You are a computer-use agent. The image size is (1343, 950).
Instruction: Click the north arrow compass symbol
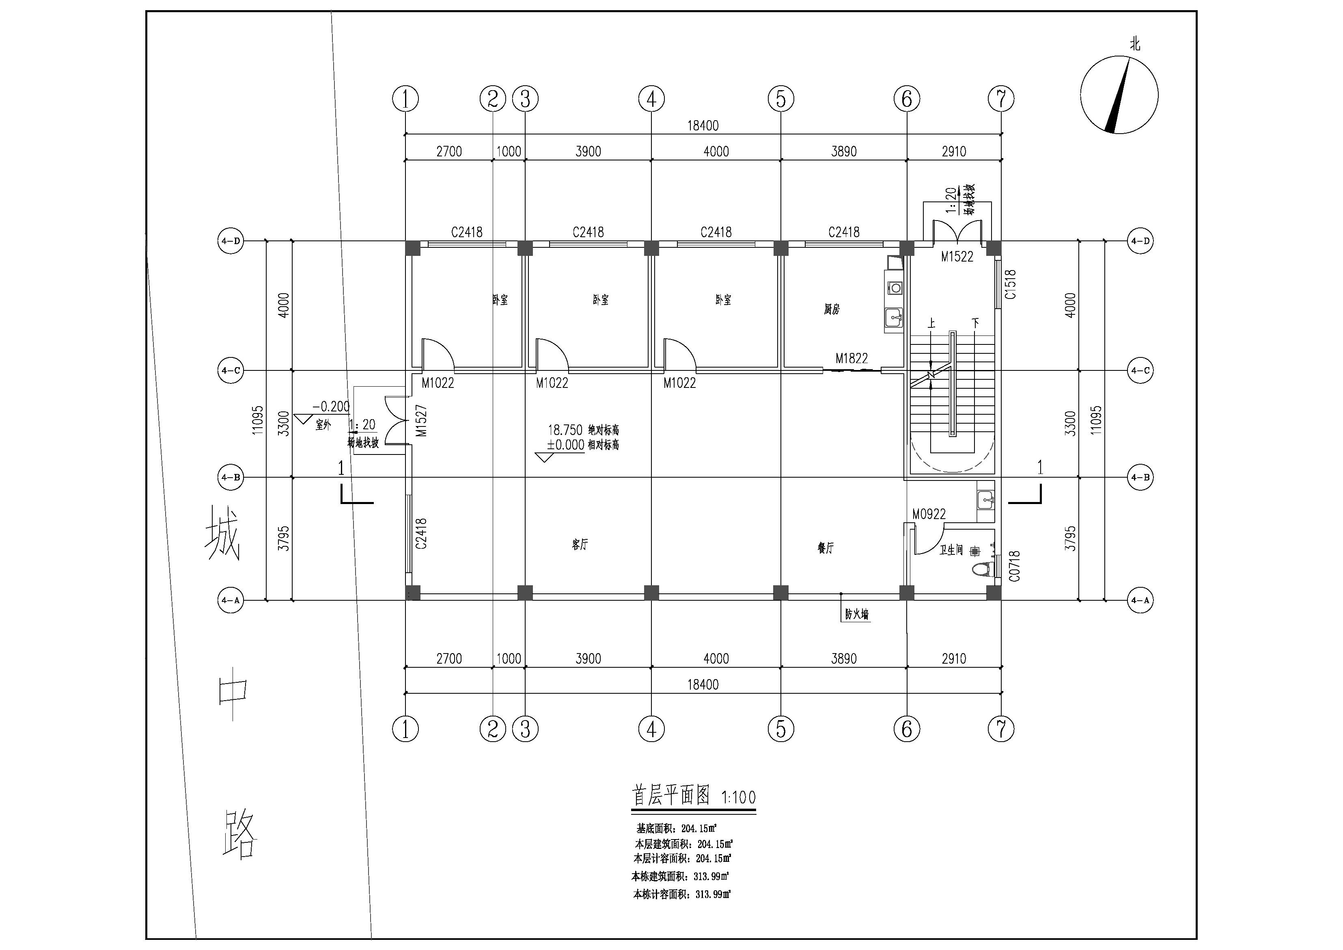point(1119,95)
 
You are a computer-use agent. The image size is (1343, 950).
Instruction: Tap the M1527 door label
point(421,420)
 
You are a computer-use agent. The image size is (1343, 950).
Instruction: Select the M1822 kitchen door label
point(851,358)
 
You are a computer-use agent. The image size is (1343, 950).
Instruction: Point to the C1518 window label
point(1010,284)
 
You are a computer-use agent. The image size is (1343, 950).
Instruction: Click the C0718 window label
point(1014,566)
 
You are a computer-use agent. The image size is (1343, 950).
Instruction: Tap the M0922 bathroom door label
point(929,514)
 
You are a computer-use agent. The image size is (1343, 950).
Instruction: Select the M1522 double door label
point(957,256)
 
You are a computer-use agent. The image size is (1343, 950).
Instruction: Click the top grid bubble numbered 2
point(492,98)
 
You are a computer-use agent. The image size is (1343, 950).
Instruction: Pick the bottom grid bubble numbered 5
point(781,729)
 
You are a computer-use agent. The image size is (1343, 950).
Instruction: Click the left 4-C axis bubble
point(231,370)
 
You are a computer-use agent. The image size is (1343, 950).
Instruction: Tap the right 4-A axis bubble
point(1140,601)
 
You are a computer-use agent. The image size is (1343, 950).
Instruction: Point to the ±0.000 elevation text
point(566,445)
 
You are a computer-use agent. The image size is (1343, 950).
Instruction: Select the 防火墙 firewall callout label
point(856,614)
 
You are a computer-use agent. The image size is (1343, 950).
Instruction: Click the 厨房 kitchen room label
point(832,309)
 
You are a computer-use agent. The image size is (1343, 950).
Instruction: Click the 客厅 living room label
point(580,544)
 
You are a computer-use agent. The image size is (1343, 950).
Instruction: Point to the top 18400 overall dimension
point(703,125)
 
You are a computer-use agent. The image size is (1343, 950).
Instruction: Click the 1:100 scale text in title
point(738,797)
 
